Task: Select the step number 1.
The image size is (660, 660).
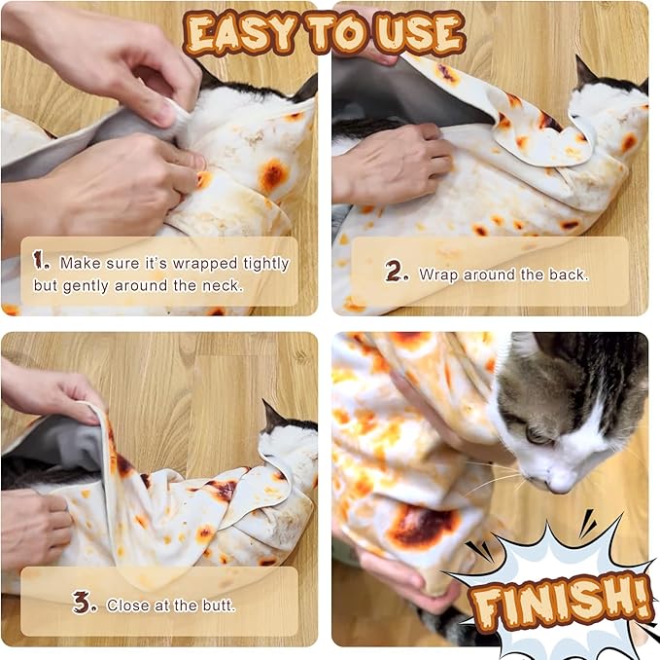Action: [41, 260]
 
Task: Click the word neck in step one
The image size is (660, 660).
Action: [225, 286]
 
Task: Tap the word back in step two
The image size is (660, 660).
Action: [567, 275]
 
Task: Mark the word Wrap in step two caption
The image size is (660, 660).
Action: [438, 275]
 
